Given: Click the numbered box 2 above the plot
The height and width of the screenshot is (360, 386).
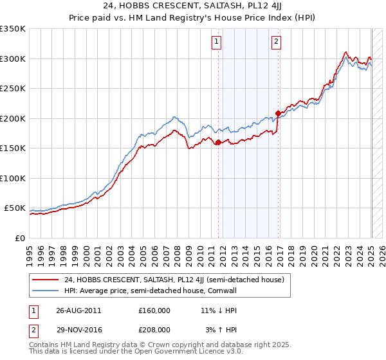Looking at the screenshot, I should (x=276, y=42).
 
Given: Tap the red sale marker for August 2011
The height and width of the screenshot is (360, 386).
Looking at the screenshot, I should (x=218, y=143).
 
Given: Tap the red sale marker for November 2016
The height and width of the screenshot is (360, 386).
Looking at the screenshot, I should (x=278, y=114).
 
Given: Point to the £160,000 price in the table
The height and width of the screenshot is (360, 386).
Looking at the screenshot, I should (x=154, y=310).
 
